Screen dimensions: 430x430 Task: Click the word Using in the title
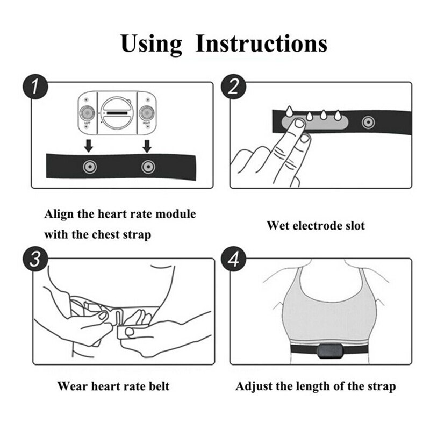152,43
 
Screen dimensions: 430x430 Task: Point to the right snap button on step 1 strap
146,167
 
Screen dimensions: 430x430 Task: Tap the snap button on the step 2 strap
368,121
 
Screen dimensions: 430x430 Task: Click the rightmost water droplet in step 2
338,114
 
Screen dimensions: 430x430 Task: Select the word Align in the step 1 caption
57,214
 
